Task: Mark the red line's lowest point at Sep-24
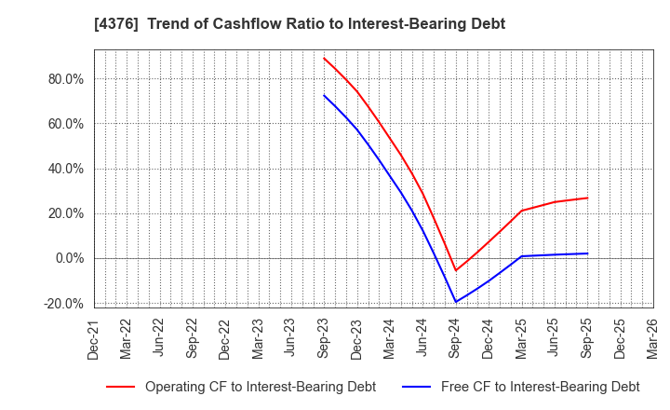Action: pos(455,271)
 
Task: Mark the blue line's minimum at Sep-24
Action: pos(455,302)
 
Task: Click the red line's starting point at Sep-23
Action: pos(324,58)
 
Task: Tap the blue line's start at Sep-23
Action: pos(324,95)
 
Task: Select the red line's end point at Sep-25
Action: pos(587,198)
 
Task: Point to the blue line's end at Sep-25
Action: pos(587,253)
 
